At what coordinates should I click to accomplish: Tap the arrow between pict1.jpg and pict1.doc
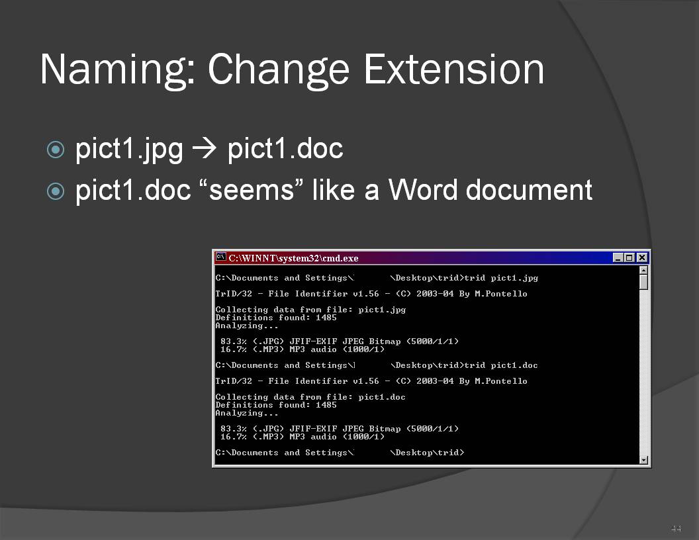click(x=204, y=148)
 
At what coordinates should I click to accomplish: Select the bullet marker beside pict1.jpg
click(x=56, y=150)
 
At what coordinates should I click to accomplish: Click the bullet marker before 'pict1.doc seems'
click(x=56, y=192)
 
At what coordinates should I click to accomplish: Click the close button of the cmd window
click(x=642, y=257)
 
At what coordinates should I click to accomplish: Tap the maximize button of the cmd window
click(x=629, y=257)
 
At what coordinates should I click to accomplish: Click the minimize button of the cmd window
click(x=618, y=257)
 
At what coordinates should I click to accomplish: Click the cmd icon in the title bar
click(x=220, y=257)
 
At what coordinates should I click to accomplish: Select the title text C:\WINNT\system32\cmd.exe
click(x=293, y=258)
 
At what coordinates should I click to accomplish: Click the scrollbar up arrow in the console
click(x=643, y=270)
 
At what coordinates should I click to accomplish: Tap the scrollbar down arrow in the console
click(x=643, y=460)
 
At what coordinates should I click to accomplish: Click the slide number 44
click(x=676, y=529)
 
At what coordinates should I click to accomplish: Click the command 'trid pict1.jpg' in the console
click(x=501, y=278)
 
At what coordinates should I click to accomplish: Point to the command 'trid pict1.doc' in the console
click(x=501, y=365)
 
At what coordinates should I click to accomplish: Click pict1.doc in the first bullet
click(x=285, y=148)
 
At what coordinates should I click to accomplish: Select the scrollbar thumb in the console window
click(x=643, y=282)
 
